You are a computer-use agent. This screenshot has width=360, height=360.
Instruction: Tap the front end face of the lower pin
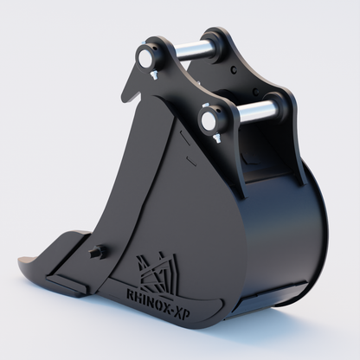tap(209, 120)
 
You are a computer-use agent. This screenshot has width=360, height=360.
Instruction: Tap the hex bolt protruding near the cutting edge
tap(98, 253)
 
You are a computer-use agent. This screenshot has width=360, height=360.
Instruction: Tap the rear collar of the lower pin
tap(279, 106)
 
